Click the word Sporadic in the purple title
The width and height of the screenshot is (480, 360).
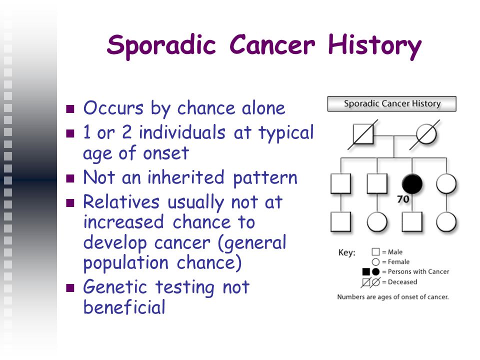point(161,45)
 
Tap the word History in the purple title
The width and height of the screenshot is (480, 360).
point(374,45)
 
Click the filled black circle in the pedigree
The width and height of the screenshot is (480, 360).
point(412,183)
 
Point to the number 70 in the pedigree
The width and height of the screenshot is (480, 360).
point(403,199)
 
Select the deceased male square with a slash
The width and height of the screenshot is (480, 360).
point(363,134)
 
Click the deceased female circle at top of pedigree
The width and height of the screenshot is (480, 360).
point(426,134)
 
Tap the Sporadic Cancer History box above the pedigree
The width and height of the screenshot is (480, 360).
point(392,104)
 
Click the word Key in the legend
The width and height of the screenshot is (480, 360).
point(347,253)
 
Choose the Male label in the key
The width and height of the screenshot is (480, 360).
point(395,252)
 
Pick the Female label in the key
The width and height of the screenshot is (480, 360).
point(398,261)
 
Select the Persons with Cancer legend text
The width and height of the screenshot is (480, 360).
point(418,271)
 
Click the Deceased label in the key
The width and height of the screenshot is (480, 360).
point(402,282)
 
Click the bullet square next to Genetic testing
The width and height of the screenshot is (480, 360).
point(70,288)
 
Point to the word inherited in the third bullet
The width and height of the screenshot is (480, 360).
point(186,177)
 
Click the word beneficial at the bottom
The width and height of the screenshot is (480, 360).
point(124,307)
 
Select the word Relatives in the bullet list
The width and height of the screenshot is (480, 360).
point(121,202)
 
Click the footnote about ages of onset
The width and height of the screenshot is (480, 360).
point(393,297)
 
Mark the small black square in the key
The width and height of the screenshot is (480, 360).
point(366,271)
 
